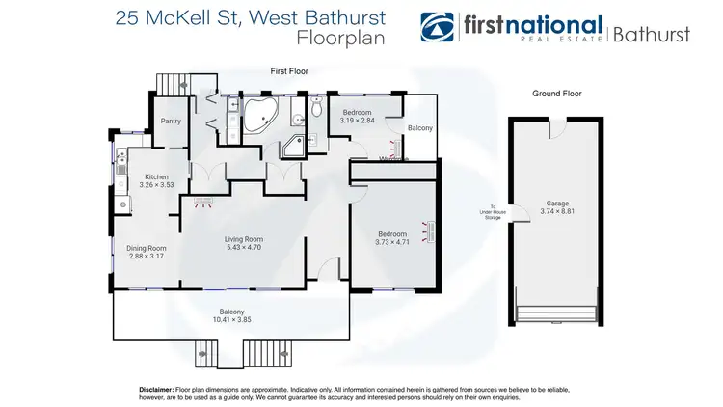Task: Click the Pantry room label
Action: click(171, 122)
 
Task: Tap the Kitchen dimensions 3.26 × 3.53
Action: click(156, 184)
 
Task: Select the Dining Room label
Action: click(147, 248)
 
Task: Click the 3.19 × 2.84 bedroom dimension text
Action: click(357, 121)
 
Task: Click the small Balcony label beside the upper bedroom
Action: click(419, 128)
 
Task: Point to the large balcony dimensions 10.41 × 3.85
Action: click(232, 319)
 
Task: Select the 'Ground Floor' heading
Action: click(556, 94)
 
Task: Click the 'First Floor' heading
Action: click(289, 70)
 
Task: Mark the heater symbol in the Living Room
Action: click(203, 202)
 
